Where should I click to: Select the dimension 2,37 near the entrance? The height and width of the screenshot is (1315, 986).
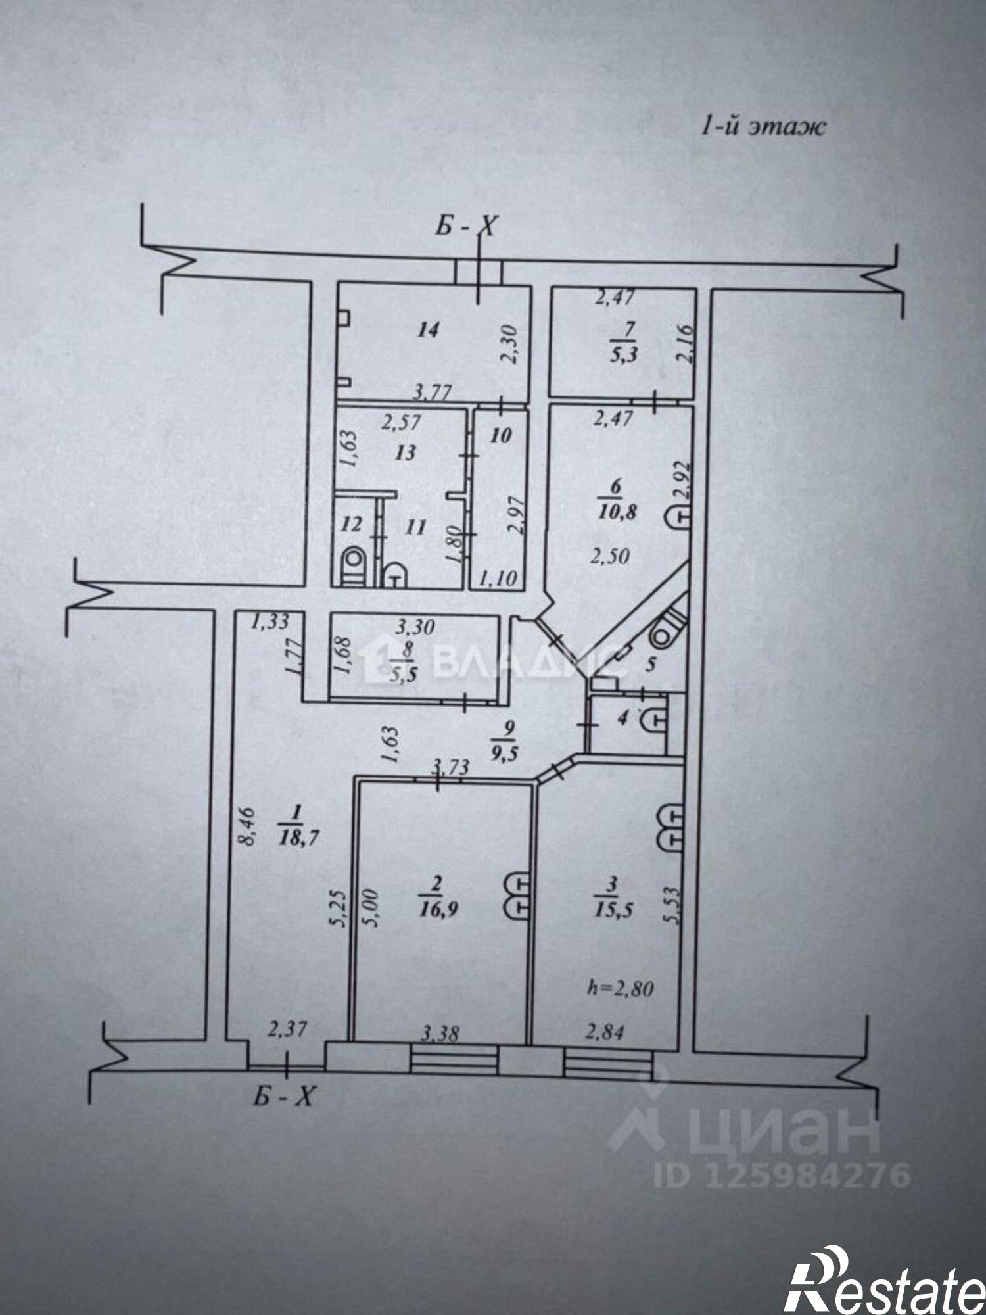(288, 1028)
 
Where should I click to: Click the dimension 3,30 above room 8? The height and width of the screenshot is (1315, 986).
(414, 627)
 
